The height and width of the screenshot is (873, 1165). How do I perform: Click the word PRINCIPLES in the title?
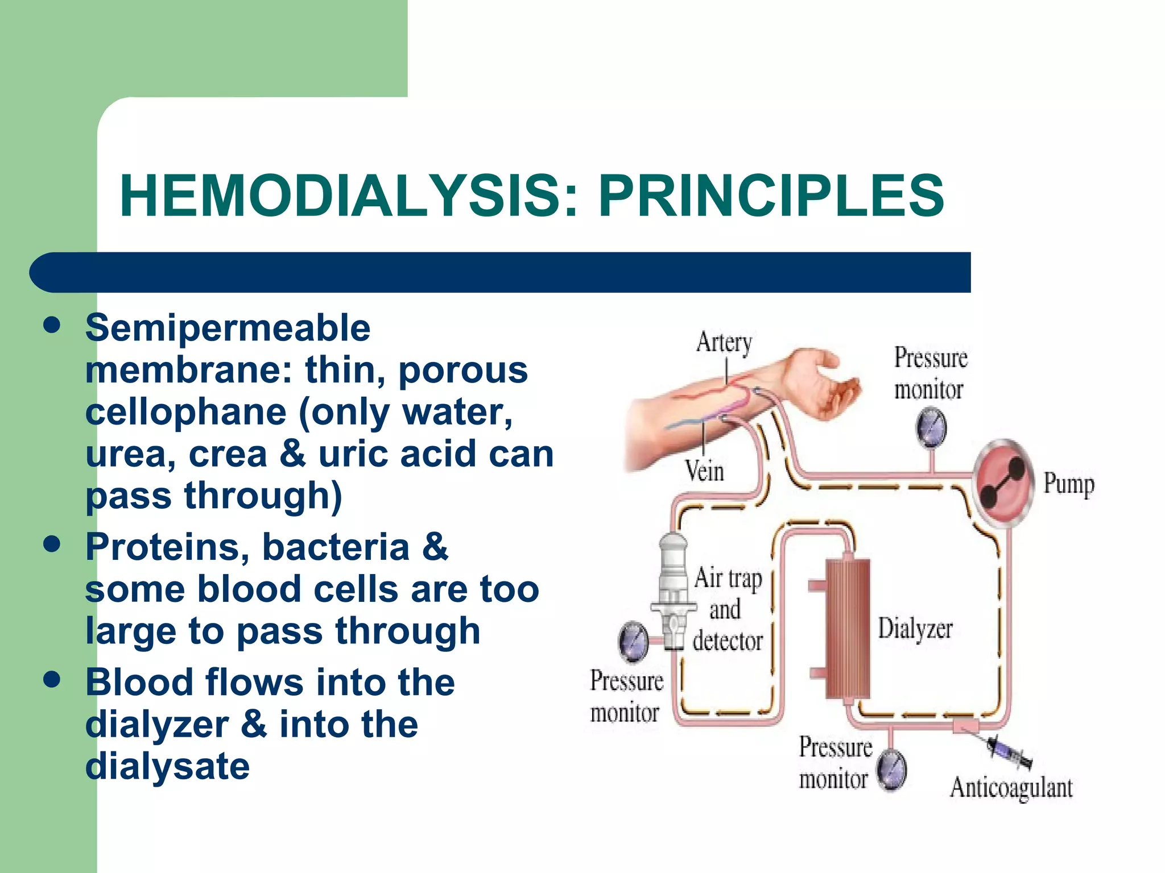pyautogui.click(x=771, y=196)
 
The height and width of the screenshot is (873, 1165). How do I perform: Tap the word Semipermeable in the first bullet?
pyautogui.click(x=228, y=329)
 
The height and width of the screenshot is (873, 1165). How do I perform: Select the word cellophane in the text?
pyautogui.click(x=185, y=412)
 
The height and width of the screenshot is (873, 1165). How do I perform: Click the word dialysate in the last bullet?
pyautogui.click(x=167, y=767)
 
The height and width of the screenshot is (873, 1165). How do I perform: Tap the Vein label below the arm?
pyautogui.click(x=704, y=471)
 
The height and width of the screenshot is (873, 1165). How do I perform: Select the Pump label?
pyautogui.click(x=1068, y=484)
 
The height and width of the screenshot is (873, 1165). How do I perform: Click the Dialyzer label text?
pyautogui.click(x=915, y=629)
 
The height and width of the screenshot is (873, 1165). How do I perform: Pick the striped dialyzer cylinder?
pyautogui.click(x=847, y=628)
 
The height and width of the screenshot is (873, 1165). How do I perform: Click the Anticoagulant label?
pyautogui.click(x=1011, y=788)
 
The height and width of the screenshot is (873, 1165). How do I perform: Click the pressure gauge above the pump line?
pyautogui.click(x=931, y=427)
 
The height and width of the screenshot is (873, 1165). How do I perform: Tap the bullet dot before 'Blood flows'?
pyautogui.click(x=52, y=679)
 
